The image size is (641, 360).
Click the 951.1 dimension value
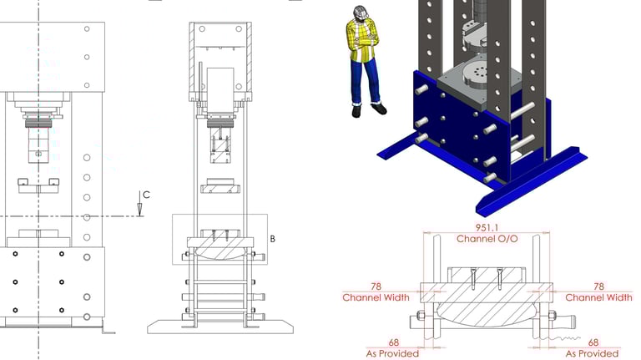tap(487, 227)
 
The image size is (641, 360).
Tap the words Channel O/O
tap(487, 239)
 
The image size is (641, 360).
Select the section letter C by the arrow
tap(146, 195)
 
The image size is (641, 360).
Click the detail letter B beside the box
tap(273, 239)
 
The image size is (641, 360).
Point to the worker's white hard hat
tap(361, 12)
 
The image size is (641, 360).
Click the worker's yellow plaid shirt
tap(362, 40)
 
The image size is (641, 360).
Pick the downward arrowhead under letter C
tap(140, 210)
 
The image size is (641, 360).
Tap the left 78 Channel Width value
tap(376, 286)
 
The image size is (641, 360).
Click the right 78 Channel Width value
tap(598, 286)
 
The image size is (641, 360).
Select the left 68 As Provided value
tap(394, 342)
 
